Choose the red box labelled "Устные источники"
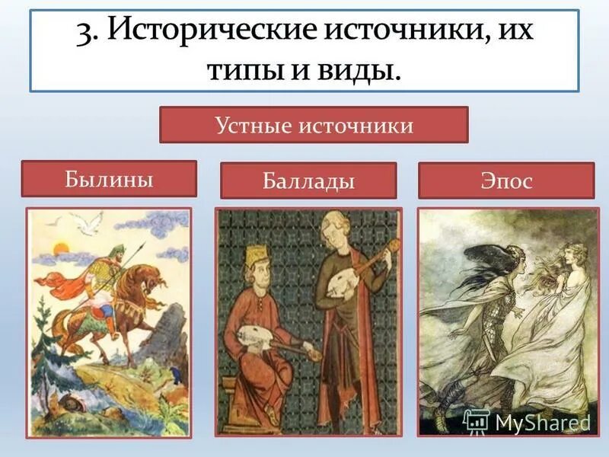pos(313,125)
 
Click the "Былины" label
pos(108,179)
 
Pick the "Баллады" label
pos(308,181)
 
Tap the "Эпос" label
pos(505,181)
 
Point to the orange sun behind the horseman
pos(61,247)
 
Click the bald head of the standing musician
pos(332,222)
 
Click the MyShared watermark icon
pos(476,421)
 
